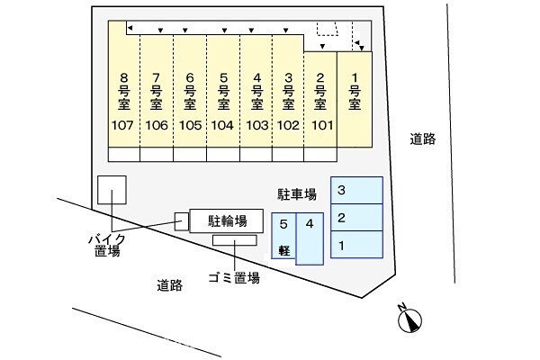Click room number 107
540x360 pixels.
(x=123, y=125)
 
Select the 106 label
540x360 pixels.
(x=157, y=125)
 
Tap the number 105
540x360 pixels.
(x=190, y=125)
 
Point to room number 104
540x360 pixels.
(x=222, y=125)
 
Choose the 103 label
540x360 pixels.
(x=256, y=125)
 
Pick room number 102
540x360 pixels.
(x=288, y=125)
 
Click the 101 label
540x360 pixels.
(x=319, y=125)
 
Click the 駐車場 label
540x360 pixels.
(x=297, y=193)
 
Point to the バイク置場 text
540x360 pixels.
(x=106, y=245)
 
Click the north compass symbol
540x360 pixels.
(x=410, y=319)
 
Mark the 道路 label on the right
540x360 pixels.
(x=422, y=139)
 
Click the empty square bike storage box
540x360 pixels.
(x=112, y=191)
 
